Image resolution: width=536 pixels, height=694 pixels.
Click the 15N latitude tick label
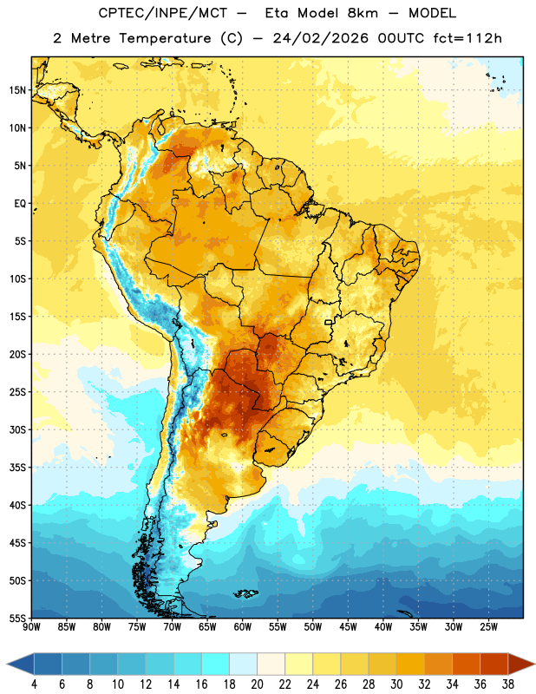[17, 90]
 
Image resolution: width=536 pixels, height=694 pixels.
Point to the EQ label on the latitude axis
[20, 204]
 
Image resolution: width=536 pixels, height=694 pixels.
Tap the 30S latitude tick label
[17, 429]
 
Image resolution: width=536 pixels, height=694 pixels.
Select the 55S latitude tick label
[17, 618]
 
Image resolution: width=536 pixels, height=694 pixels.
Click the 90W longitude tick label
[31, 627]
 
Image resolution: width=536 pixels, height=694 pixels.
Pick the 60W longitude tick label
[243, 627]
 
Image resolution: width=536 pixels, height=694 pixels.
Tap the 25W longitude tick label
[488, 627]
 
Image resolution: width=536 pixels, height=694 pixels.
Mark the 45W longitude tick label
[348, 627]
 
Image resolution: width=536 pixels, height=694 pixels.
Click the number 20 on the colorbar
[257, 684]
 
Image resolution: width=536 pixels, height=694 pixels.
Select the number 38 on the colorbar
[508, 684]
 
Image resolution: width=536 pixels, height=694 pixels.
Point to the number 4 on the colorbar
[34, 684]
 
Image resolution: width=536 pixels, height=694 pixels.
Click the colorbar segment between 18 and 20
[243, 664]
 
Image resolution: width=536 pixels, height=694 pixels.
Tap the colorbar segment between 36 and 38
[494, 664]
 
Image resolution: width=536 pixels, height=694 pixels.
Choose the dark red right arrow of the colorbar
[520, 664]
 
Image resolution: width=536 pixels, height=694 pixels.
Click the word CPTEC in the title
[116, 13]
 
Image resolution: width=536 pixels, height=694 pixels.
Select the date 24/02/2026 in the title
[321, 38]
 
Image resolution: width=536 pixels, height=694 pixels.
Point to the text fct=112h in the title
[467, 38]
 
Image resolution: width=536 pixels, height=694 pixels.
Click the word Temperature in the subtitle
[165, 38]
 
